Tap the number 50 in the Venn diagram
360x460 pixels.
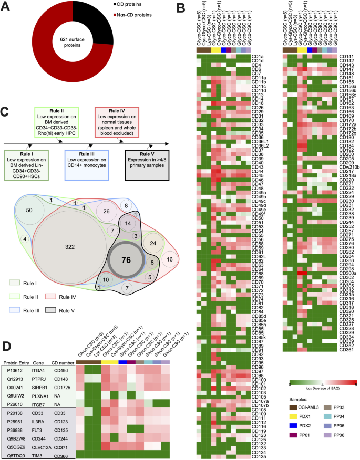click(30, 210)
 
